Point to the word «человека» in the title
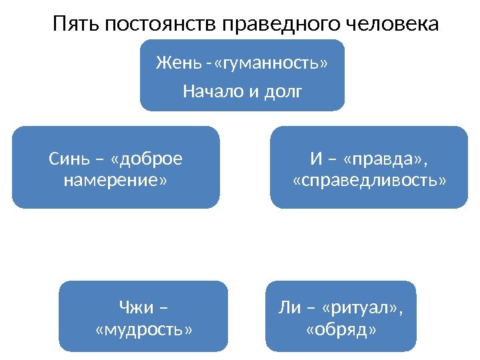[393, 25]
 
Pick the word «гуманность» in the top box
[271, 64]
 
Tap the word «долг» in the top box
[283, 90]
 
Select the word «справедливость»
[370, 181]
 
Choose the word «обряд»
[341, 329]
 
